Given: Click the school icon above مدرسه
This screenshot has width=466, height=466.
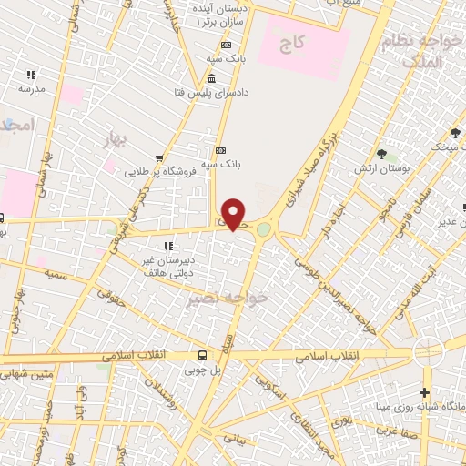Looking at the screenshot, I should [31, 76].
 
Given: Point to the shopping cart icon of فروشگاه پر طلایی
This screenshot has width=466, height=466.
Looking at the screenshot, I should [160, 158].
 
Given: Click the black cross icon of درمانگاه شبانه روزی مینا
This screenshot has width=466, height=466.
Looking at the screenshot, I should [425, 392].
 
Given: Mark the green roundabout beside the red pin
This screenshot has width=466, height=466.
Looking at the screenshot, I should [263, 230].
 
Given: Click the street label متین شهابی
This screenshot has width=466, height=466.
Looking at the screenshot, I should [27, 373].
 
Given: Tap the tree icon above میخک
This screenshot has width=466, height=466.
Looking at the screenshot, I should [455, 134].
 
